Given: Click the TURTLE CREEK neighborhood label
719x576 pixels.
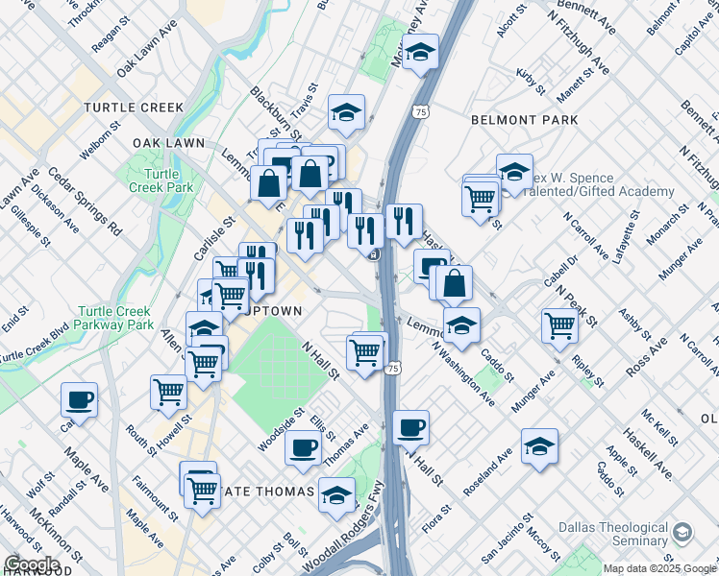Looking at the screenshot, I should [x=133, y=108].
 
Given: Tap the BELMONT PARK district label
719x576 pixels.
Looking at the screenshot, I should [x=525, y=120].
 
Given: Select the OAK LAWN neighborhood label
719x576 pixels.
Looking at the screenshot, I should [x=169, y=143].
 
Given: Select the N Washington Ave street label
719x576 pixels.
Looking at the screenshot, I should [x=462, y=373].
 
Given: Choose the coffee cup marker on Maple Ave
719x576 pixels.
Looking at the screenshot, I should [x=79, y=398].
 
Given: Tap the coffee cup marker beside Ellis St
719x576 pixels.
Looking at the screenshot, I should [x=305, y=445].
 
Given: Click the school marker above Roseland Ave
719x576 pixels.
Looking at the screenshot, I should [x=539, y=445].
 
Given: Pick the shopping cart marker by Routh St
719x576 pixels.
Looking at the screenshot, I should [x=168, y=391].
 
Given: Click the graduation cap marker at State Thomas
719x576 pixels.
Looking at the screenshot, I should [x=336, y=495].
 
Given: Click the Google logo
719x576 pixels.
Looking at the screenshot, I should [x=32, y=564].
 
